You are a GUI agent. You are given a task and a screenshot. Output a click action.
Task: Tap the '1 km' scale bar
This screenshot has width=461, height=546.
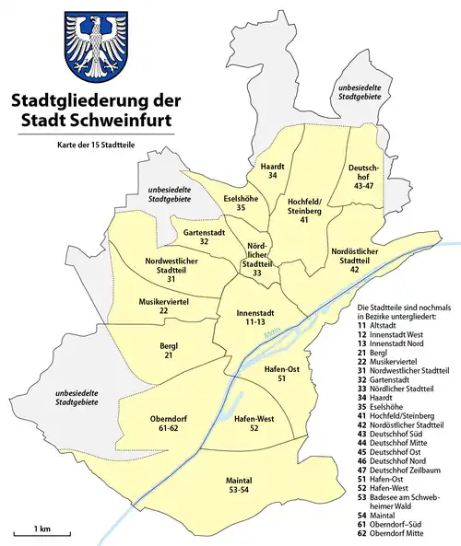click(37, 533)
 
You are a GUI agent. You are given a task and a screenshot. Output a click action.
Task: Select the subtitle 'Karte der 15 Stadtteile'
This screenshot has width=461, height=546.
click(89, 146)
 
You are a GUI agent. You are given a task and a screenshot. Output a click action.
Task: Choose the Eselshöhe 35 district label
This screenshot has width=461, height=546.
click(240, 203)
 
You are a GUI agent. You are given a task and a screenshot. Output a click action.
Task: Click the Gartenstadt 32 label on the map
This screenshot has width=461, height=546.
click(203, 237)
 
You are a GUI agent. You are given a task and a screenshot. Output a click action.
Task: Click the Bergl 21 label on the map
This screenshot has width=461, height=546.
click(167, 351)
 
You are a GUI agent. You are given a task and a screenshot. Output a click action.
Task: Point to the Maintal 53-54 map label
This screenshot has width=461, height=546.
click(237, 485)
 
